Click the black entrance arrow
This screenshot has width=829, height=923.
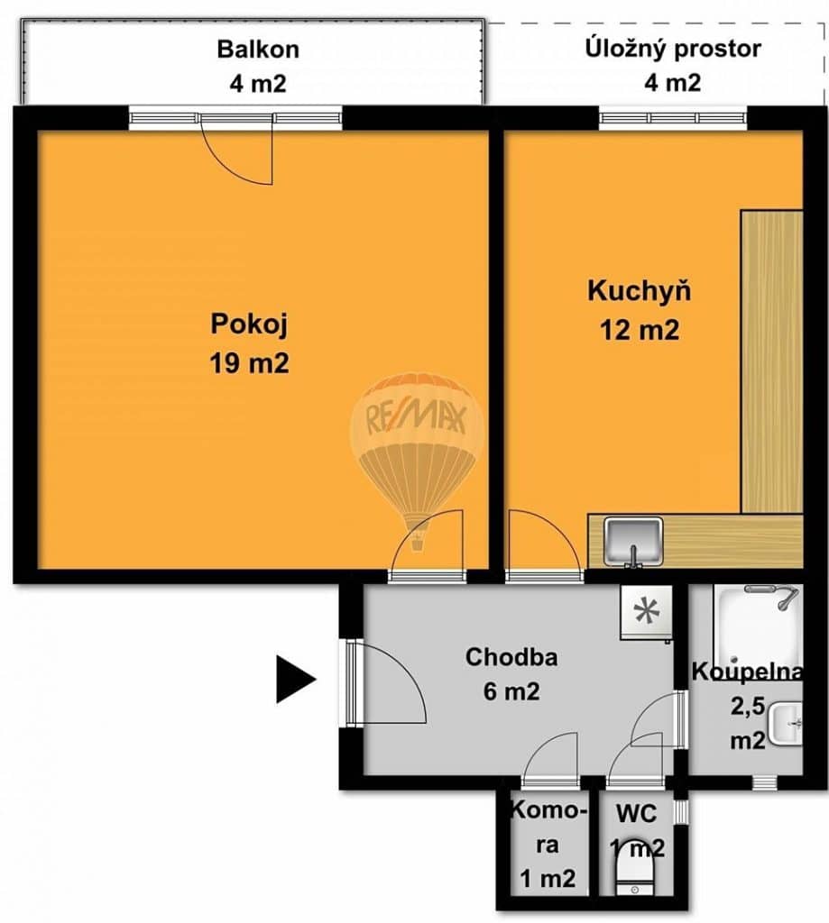click(297, 680)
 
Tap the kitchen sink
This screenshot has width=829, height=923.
click(633, 541)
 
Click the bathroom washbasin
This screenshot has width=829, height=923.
click(787, 724)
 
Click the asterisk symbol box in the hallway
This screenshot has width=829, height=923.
click(647, 613)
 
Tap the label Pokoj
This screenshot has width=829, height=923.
click(249, 325)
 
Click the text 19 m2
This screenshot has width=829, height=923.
click(249, 363)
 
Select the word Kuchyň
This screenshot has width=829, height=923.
click(640, 291)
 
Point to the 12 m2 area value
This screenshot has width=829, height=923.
click(640, 330)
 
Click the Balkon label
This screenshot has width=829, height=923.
click(258, 50)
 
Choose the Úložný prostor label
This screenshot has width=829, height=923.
click(673, 49)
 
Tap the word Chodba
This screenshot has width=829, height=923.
click(511, 657)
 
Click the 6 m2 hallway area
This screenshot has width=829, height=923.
click(511, 691)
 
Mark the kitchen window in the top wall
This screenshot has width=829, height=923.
click(673, 118)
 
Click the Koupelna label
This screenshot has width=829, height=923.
click(747, 672)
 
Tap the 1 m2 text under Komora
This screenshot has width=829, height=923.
click(548, 879)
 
